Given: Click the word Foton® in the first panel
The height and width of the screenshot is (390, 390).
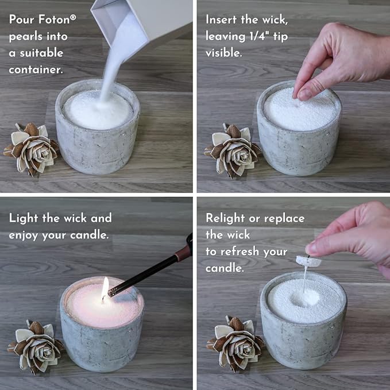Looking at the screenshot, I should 56,19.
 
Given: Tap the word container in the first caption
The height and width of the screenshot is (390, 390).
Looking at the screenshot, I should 36,70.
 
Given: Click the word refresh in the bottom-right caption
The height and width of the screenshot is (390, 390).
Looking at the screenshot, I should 252,252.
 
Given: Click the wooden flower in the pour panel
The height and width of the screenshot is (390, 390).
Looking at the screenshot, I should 32,148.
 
